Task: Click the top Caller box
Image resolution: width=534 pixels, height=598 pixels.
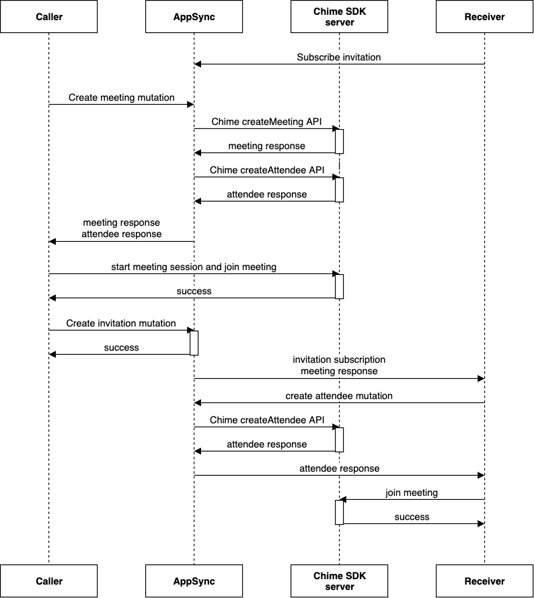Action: (x=48, y=17)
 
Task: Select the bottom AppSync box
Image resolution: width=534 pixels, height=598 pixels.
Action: (x=194, y=581)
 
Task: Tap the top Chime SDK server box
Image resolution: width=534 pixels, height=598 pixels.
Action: (x=339, y=17)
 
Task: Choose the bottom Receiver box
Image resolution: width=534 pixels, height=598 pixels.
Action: (x=484, y=581)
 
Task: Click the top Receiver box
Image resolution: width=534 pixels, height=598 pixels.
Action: (x=484, y=17)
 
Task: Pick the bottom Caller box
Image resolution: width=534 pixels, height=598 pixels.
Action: (x=48, y=581)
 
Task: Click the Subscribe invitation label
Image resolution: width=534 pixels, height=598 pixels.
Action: (x=339, y=57)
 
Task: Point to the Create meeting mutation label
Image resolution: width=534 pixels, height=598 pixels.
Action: (x=121, y=97)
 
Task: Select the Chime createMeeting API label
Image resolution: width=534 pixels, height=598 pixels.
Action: (x=266, y=122)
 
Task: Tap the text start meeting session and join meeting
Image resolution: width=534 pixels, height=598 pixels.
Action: (x=194, y=267)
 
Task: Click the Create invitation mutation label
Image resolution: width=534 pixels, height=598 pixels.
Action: (x=121, y=323)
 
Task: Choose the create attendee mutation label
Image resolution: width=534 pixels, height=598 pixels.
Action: (x=339, y=396)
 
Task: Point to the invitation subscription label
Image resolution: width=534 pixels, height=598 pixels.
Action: (x=339, y=360)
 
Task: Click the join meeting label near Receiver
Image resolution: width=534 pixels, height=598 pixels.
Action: (x=412, y=493)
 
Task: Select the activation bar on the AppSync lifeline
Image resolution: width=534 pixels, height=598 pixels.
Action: (x=194, y=342)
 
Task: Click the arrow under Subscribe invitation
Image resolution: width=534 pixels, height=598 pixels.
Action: (x=339, y=65)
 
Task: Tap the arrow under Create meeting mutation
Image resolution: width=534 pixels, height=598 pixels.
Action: (x=121, y=105)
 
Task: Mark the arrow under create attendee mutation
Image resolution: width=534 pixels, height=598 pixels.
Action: (x=339, y=403)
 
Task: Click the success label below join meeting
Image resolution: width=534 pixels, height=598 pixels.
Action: (x=412, y=517)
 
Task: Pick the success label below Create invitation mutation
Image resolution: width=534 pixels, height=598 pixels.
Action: (x=121, y=347)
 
